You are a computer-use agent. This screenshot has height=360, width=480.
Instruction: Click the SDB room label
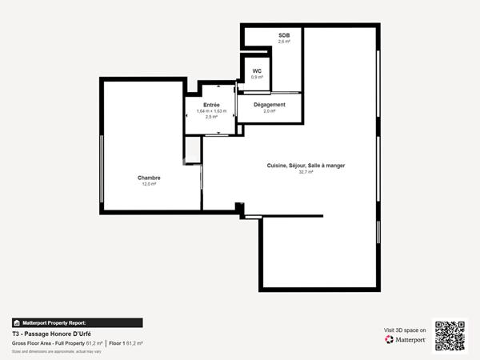[284, 36]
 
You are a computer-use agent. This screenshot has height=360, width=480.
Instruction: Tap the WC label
[257, 71]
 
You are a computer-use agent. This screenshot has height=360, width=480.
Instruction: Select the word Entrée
[211, 105]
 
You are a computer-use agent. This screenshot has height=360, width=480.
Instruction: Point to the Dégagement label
[269, 105]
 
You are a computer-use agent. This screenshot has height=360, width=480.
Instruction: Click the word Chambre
[149, 178]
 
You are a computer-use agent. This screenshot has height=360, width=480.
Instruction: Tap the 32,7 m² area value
[306, 172]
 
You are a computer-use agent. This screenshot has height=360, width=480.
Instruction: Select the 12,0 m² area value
[149, 184]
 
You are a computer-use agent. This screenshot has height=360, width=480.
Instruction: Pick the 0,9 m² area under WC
[257, 78]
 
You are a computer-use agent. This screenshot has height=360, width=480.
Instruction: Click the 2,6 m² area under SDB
[284, 42]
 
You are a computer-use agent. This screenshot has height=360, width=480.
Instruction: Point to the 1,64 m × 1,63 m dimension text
[211, 111]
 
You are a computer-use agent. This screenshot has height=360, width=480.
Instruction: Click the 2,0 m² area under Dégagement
[269, 111]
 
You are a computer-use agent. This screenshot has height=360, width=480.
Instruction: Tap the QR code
[449, 335]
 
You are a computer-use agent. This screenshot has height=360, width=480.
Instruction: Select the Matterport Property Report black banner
[77, 322]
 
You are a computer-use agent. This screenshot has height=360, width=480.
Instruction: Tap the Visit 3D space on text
[405, 329]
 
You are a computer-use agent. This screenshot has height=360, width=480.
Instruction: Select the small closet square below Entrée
[192, 150]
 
